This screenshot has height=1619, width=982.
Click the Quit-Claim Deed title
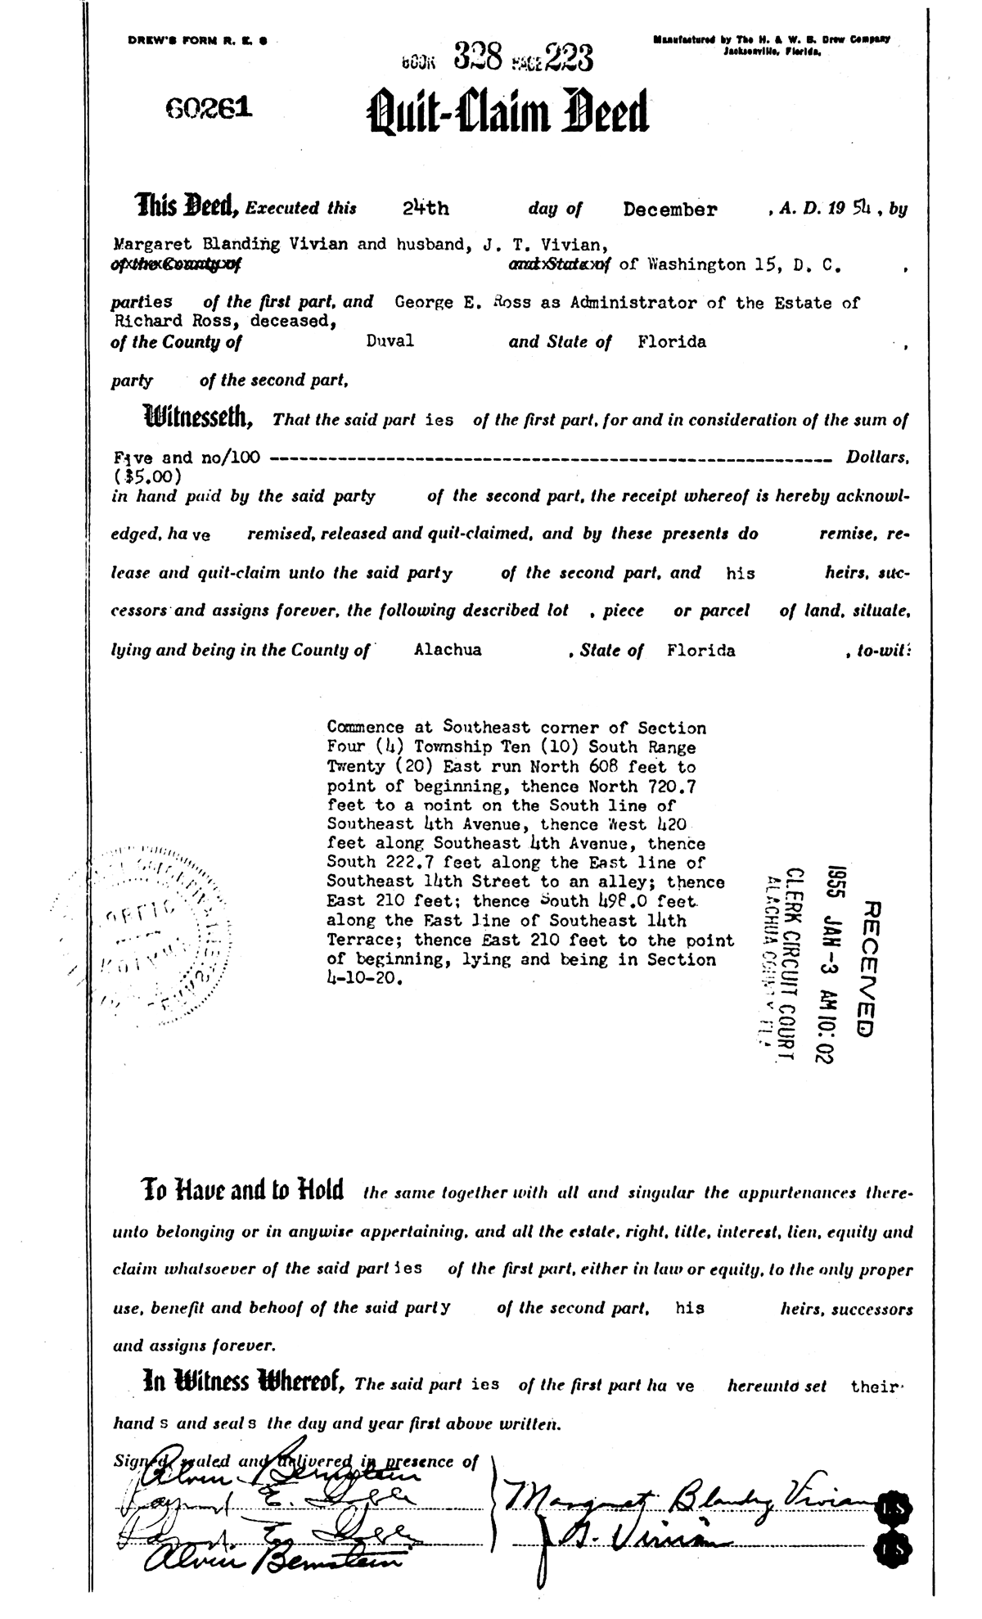509,112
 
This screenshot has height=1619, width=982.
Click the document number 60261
209,108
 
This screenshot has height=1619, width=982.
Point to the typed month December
669,210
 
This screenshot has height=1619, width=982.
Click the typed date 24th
426,208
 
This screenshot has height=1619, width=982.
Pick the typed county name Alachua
448,651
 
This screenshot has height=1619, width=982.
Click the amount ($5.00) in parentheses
147,475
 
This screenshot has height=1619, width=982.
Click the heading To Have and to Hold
242,1188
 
